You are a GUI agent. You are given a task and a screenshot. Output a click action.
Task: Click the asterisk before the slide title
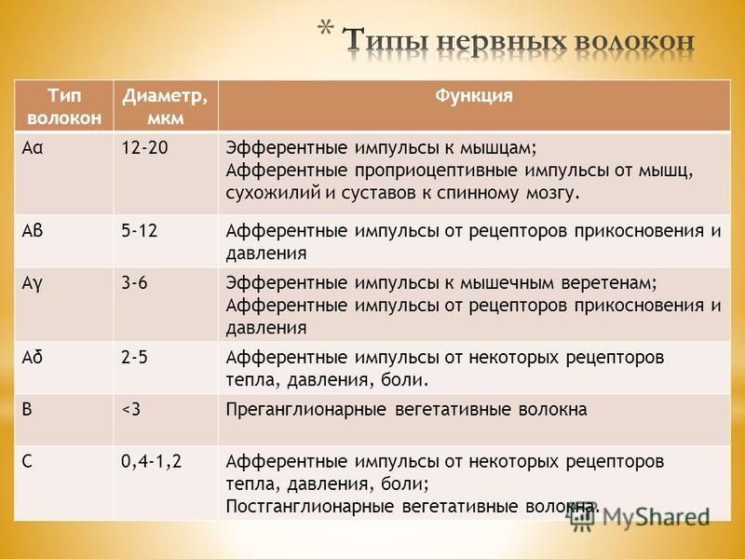[x=325, y=29]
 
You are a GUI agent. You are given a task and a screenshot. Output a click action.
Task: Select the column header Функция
[x=474, y=97]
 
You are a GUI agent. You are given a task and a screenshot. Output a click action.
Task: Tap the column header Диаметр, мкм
[x=166, y=107]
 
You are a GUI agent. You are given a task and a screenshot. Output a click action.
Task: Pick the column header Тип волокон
[x=64, y=107]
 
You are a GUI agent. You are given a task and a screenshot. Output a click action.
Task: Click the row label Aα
[x=33, y=148]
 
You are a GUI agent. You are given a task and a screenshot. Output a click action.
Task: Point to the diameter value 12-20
[x=144, y=148]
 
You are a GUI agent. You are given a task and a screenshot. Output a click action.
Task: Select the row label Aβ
[x=33, y=231]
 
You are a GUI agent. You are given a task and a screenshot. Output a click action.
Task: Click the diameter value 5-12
[x=139, y=231]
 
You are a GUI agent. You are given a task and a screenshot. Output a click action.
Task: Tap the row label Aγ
[x=32, y=284]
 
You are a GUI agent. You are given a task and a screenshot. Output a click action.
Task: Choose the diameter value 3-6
[x=134, y=283]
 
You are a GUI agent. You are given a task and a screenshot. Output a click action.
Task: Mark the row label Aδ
[x=33, y=357]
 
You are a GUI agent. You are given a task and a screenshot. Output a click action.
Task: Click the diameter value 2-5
[x=134, y=357]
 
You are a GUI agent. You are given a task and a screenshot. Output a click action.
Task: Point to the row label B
[x=27, y=409]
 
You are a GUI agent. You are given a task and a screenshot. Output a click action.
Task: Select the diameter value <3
[x=131, y=409]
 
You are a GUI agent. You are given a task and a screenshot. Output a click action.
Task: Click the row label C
[x=27, y=461]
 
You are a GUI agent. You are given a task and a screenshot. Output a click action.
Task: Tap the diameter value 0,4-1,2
[x=151, y=461]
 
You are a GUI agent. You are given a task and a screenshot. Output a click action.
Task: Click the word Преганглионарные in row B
[x=305, y=410]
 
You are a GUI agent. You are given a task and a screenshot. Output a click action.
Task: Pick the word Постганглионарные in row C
[x=310, y=507]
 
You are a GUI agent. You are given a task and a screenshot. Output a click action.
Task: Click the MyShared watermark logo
[x=640, y=516]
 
